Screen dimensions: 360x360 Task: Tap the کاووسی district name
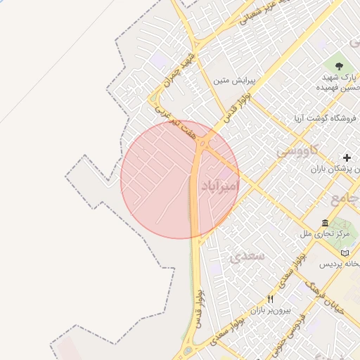tap(298, 150)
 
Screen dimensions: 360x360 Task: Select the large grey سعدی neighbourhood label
tap(247, 255)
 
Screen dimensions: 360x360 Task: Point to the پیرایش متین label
tap(236, 80)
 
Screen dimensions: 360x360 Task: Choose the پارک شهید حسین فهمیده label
tap(339, 82)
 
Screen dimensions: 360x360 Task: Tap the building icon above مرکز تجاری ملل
tap(326, 221)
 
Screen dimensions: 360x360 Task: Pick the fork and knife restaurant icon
tap(271, 299)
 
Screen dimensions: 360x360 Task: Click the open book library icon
tap(344, 253)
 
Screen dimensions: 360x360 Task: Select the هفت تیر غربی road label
tap(176, 122)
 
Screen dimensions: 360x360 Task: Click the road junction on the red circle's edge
tap(204, 144)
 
